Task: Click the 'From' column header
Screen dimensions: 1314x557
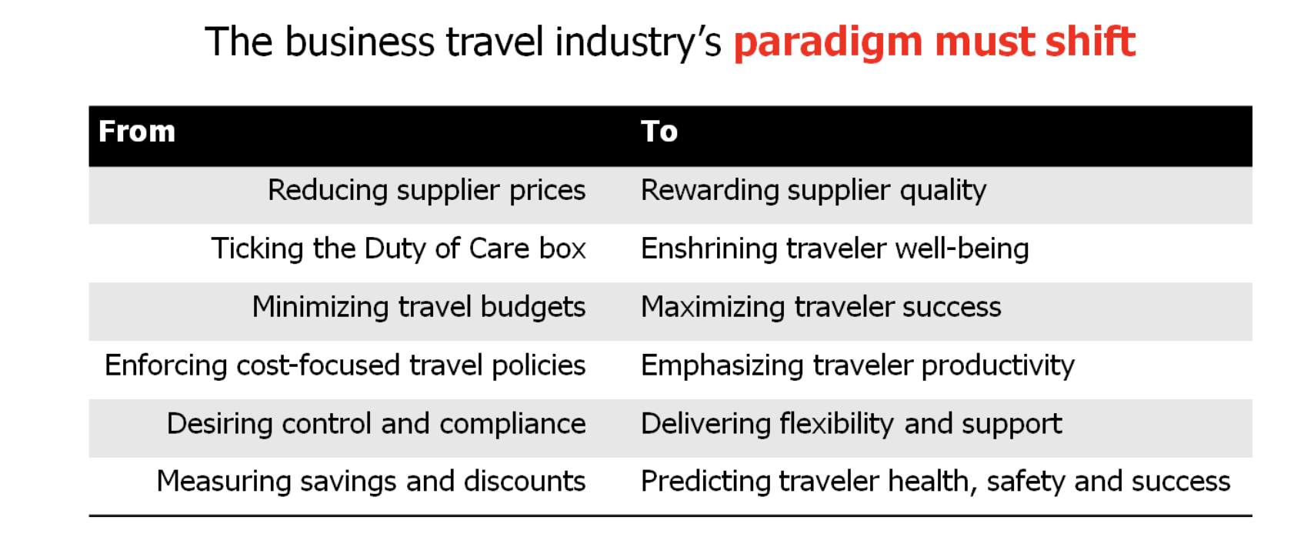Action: point(137,131)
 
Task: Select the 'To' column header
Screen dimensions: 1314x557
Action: point(659,131)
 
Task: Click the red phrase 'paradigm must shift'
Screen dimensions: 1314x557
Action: point(935,42)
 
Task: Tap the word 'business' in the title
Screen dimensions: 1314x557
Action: point(360,42)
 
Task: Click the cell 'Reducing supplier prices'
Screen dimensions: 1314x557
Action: point(426,191)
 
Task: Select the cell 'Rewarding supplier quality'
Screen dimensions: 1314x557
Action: point(814,191)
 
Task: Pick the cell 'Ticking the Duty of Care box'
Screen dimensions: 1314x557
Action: point(399,248)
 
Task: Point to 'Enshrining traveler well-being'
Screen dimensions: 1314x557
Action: point(835,248)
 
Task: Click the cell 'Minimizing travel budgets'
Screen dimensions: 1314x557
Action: point(419,307)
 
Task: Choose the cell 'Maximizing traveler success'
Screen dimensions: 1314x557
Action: point(822,307)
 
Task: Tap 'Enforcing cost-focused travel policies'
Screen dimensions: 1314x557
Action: point(345,365)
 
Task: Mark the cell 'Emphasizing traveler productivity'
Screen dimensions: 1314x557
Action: point(858,365)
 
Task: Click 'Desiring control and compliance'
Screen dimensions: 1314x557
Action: point(377,423)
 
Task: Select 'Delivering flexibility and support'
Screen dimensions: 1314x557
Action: point(851,423)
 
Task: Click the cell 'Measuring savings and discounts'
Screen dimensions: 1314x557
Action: point(372,482)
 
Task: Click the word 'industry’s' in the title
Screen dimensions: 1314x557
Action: point(639,42)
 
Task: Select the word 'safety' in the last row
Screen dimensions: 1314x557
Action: point(1026,482)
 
